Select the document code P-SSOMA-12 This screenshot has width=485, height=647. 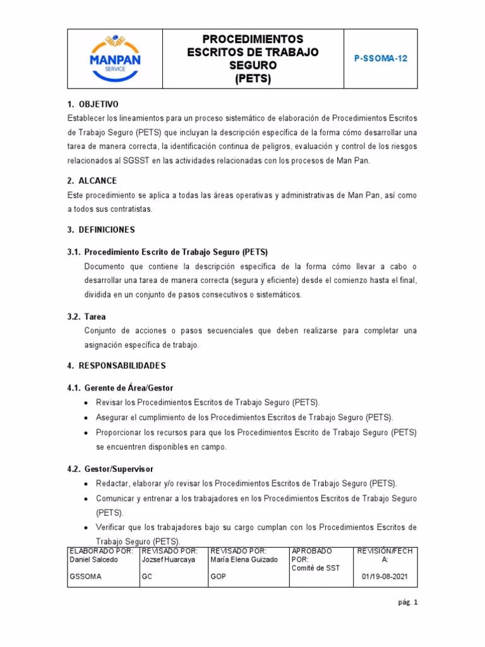(x=381, y=58)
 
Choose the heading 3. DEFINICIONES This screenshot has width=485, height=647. (x=100, y=229)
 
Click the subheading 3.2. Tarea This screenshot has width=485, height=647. (x=87, y=317)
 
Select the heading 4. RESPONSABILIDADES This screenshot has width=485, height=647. (x=116, y=366)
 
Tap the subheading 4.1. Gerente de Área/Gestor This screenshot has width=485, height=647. (x=120, y=388)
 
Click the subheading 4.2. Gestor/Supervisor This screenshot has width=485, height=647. (x=111, y=469)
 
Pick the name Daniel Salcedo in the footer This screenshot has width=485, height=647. (x=93, y=560)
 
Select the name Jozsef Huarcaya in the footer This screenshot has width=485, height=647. (x=167, y=560)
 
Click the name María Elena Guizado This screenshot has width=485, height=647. (x=244, y=560)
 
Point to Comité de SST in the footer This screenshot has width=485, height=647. (x=316, y=568)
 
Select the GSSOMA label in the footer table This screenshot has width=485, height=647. (x=84, y=577)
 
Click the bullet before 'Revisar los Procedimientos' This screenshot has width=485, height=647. (x=86, y=403)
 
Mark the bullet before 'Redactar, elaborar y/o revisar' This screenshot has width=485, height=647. (x=86, y=484)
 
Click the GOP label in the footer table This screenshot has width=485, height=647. (x=218, y=577)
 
